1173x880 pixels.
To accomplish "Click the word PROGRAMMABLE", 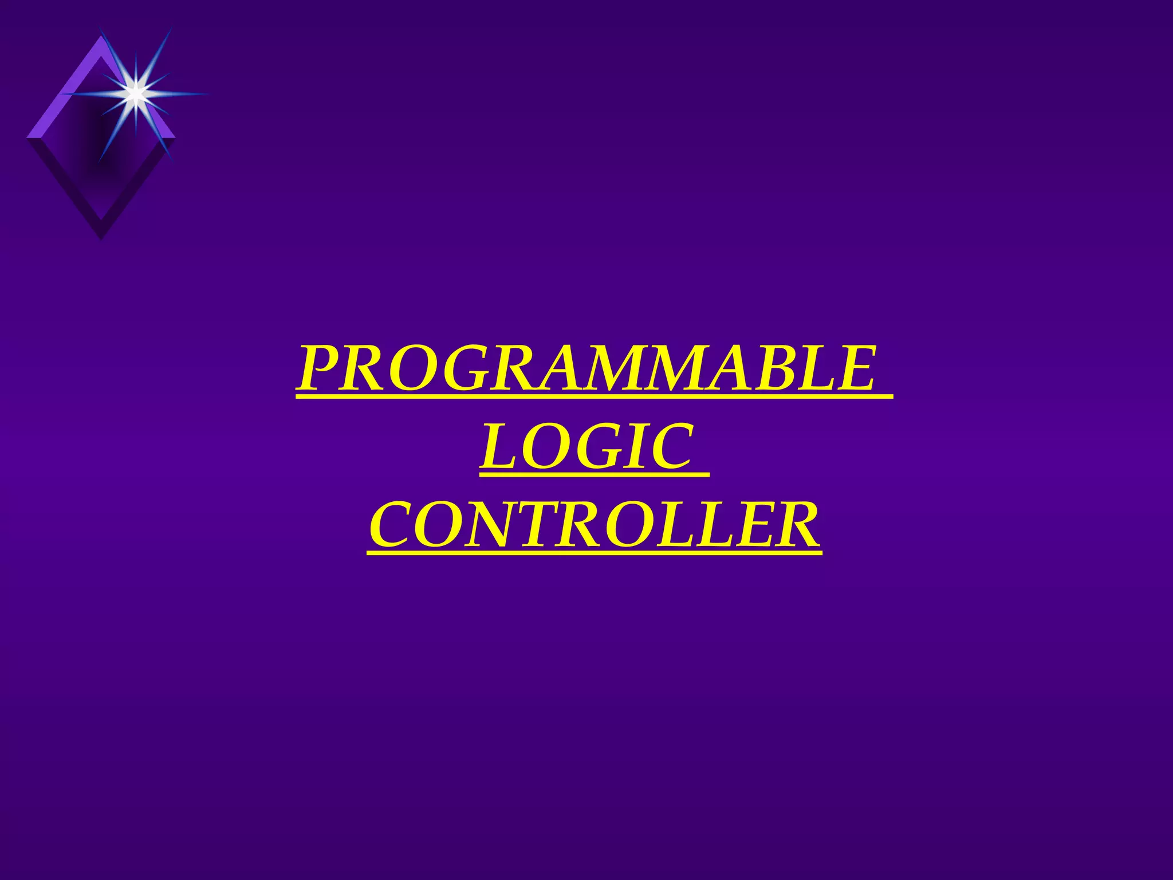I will [587, 368].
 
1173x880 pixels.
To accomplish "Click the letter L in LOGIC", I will [499, 447].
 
